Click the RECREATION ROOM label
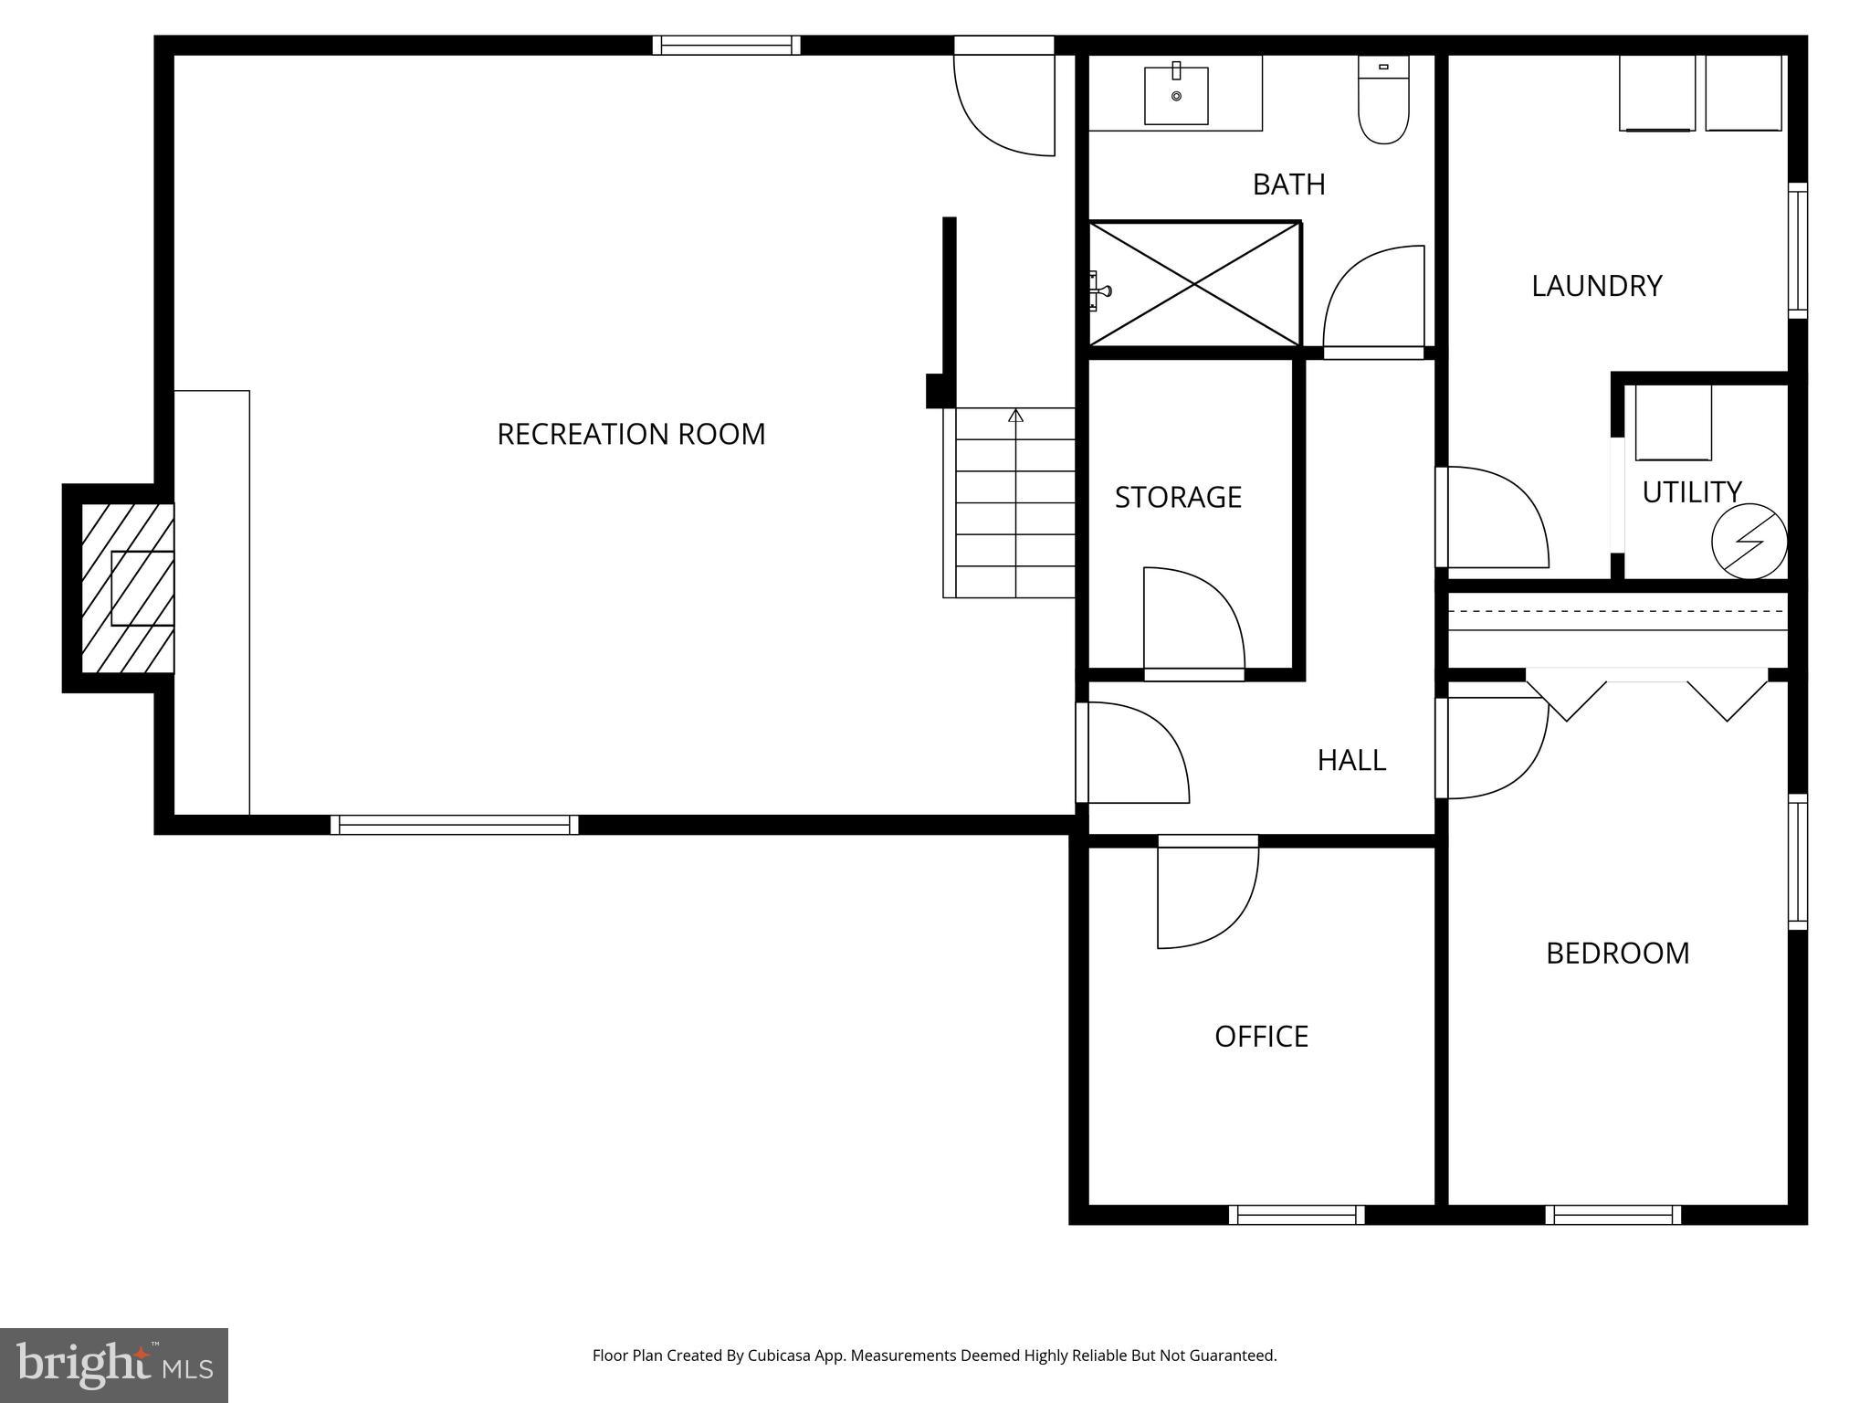click(631, 434)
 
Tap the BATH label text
click(1288, 185)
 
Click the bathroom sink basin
click(1176, 96)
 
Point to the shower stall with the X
click(1194, 284)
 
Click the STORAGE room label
click(1178, 497)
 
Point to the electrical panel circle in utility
click(1749, 543)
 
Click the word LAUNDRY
click(1596, 286)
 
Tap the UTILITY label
click(1691, 492)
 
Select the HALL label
click(1351, 760)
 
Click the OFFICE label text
click(1261, 1037)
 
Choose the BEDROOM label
click(1617, 954)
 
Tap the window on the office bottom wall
click(1296, 1215)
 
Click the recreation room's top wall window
click(726, 45)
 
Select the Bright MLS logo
click(113, 1365)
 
